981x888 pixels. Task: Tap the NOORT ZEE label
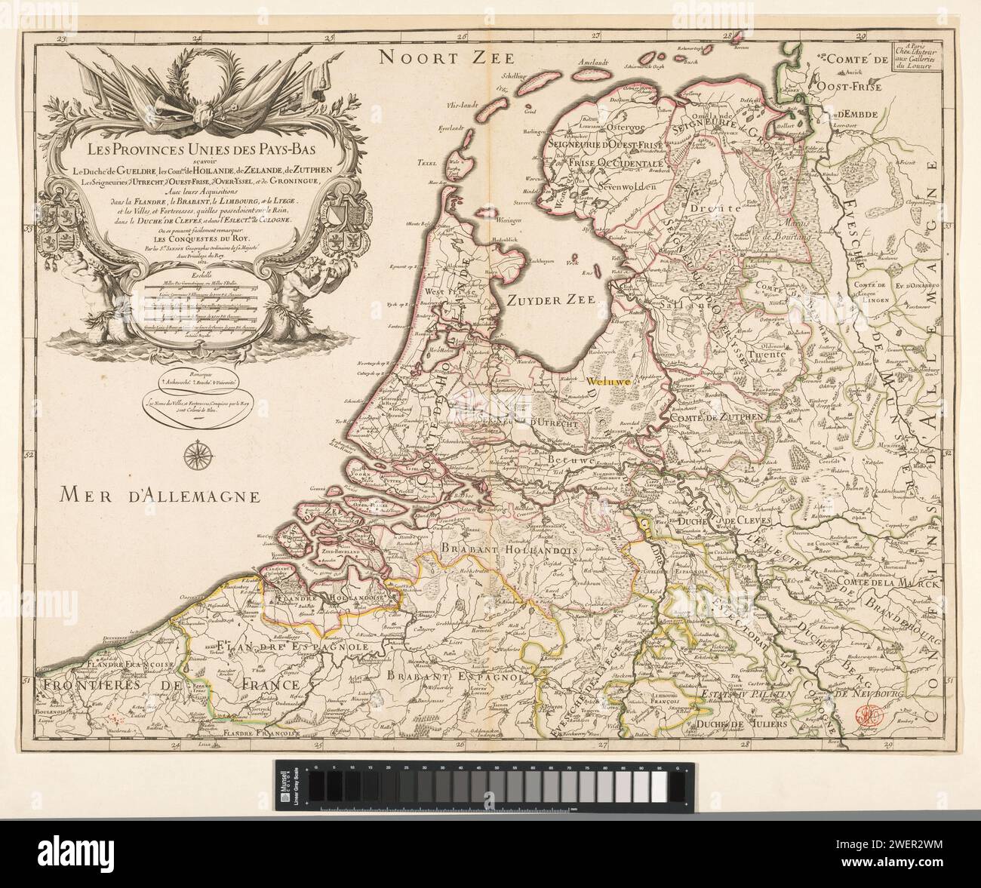[x=445, y=57]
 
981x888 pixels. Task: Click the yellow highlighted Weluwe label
[x=611, y=382]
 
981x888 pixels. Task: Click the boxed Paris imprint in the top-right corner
[x=913, y=58]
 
